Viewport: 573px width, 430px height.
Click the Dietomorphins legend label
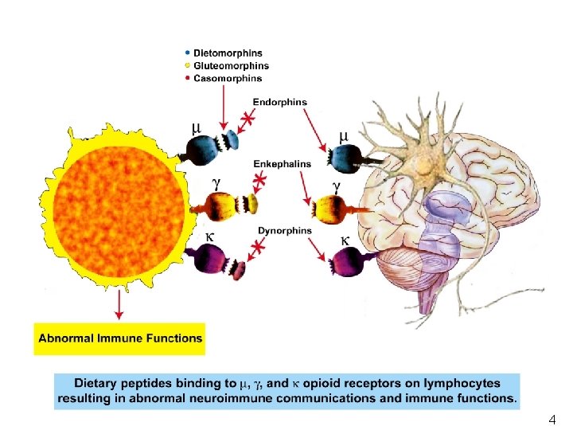[228, 53]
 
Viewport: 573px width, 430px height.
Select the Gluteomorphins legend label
[230, 66]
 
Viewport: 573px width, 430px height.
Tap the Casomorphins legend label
[227, 78]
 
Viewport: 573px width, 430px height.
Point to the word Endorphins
[279, 102]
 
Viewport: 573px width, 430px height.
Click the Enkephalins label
[283, 164]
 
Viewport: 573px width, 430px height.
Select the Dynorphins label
[285, 231]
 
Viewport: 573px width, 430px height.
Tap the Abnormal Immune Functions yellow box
[120, 338]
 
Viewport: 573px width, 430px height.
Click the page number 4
[552, 419]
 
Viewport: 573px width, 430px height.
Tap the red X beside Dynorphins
[258, 250]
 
